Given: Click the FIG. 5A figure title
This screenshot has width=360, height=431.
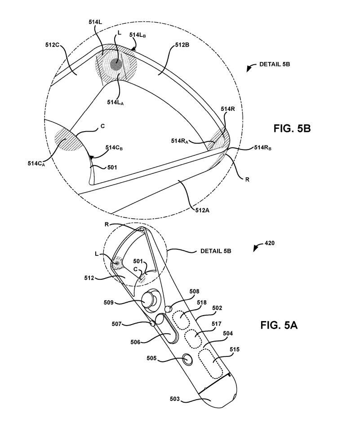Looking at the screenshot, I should [279, 325].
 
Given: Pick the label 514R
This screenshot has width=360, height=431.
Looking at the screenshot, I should [228, 109].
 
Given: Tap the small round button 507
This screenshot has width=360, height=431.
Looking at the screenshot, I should [153, 323].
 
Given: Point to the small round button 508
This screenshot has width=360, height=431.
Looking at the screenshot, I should [169, 309].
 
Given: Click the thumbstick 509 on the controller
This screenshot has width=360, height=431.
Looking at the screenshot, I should [150, 299].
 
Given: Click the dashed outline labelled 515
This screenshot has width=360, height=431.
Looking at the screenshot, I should [211, 364].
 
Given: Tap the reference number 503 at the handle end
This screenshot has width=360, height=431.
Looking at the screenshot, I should [175, 399].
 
